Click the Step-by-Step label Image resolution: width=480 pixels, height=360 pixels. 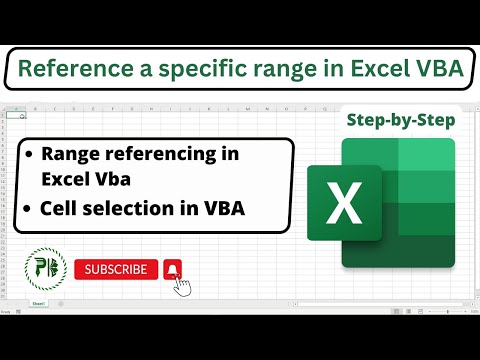pos(400,120)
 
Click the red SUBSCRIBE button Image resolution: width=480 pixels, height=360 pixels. pos(116,269)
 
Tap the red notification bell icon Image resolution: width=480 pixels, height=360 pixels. pos(172,269)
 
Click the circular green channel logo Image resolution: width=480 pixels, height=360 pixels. pos(43,270)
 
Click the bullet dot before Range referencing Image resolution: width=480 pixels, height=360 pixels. pos(30,156)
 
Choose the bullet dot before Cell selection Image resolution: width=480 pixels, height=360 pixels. pos(30,210)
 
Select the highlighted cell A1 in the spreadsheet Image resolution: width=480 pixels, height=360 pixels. pos(16,115)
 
